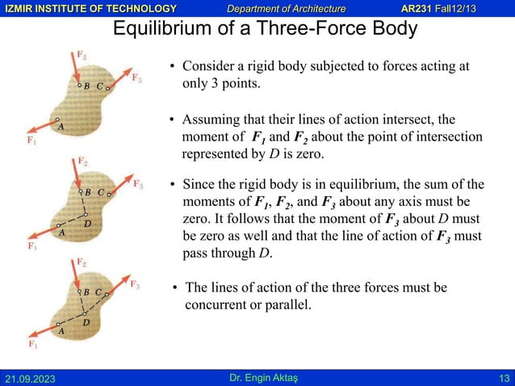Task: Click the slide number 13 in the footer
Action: pos(504,379)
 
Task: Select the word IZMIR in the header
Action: pos(17,8)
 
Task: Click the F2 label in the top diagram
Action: pos(82,55)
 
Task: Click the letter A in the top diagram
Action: pos(60,125)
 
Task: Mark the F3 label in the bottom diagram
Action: pos(137,285)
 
